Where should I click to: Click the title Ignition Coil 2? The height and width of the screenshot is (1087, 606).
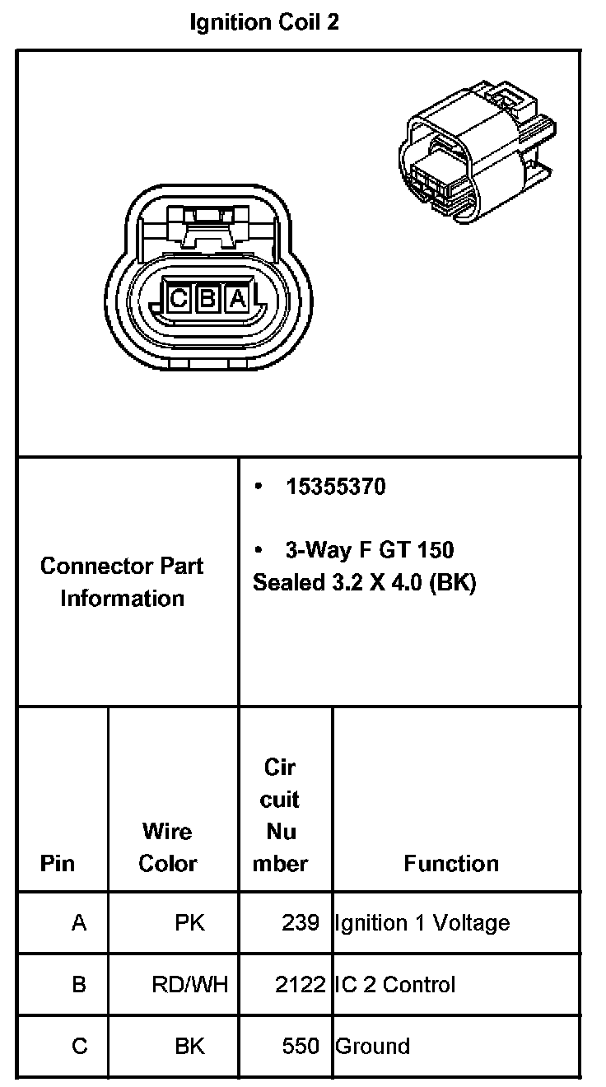(x=263, y=22)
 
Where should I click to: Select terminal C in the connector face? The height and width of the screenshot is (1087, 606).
(x=178, y=298)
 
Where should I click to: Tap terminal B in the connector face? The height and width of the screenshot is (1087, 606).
(x=207, y=298)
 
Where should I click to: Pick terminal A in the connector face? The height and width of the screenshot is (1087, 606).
(x=237, y=298)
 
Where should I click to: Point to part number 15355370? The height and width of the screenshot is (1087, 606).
(x=335, y=487)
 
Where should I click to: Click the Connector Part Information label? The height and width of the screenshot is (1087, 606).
(x=122, y=581)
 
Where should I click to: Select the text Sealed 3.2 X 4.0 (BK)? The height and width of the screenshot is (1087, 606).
(x=364, y=582)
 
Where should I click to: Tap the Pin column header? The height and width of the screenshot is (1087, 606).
(x=57, y=863)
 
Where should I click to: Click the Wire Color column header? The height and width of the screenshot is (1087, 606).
(x=167, y=847)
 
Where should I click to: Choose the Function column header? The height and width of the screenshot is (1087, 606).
(x=451, y=863)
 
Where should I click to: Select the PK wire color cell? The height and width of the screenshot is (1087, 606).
(x=189, y=922)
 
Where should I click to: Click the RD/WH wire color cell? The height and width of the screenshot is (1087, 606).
(x=189, y=984)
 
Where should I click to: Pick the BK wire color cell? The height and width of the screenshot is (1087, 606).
(x=189, y=1046)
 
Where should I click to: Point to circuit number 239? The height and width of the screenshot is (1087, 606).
(x=300, y=922)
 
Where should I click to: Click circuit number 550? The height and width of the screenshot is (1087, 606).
(x=300, y=1046)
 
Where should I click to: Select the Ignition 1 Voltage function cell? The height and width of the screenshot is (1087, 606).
(x=422, y=922)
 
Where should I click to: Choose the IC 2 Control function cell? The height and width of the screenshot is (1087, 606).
(x=394, y=984)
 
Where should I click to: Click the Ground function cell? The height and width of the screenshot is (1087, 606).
(x=372, y=1046)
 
